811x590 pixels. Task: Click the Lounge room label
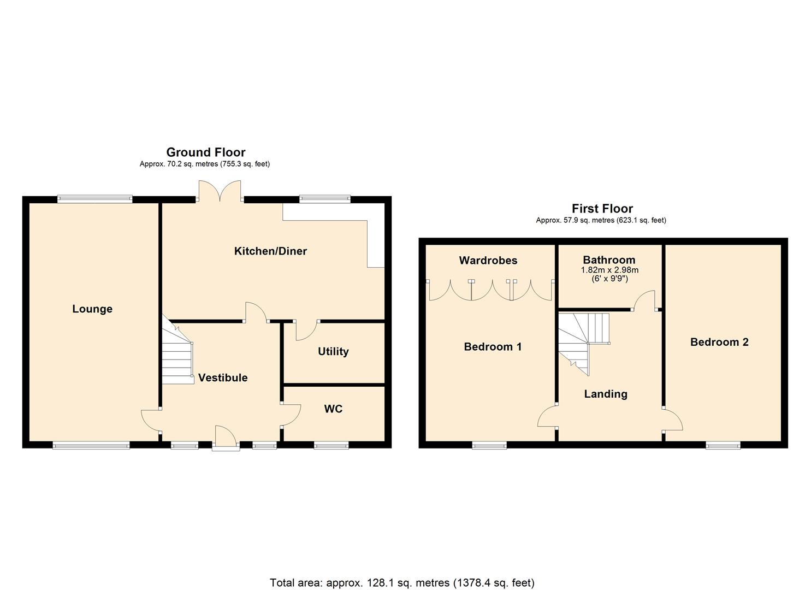point(92,309)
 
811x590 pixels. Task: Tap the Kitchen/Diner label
point(270,251)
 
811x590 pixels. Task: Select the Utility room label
point(333,351)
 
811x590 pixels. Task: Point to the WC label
point(333,409)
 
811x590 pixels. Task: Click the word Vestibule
point(223,377)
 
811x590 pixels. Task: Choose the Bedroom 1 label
point(493,347)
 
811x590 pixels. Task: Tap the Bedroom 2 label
point(719,343)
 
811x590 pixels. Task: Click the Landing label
point(606,394)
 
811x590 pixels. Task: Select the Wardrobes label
point(488,261)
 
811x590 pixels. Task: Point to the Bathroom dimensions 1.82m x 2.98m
point(609,270)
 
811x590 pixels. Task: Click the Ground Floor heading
point(206,152)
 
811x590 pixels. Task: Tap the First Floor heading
point(602,209)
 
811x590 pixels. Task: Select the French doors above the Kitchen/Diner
point(220,191)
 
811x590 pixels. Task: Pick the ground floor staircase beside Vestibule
point(177,351)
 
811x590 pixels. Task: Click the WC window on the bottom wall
point(331,445)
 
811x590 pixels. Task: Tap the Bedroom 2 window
point(723,445)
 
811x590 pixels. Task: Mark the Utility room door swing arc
point(307,332)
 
